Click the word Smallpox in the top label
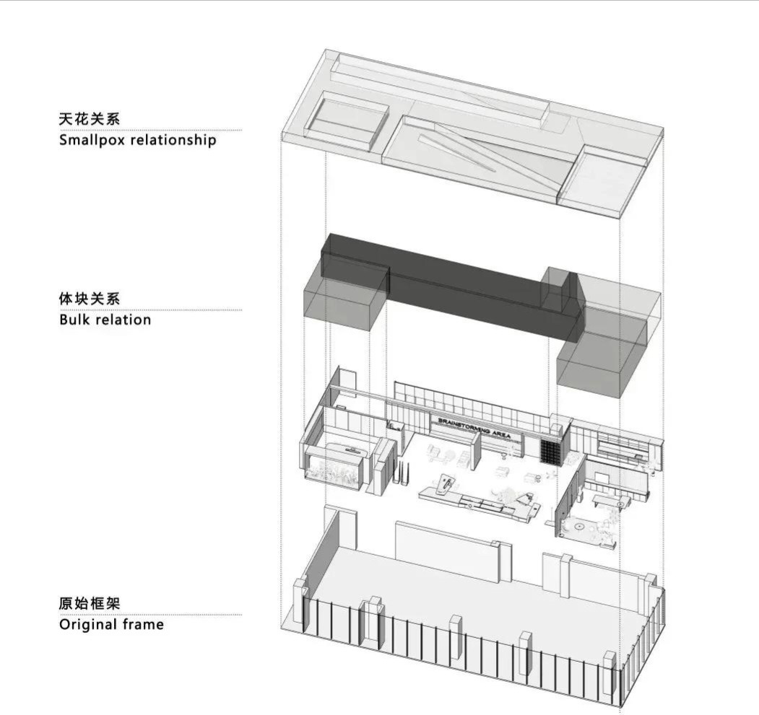click(x=92, y=139)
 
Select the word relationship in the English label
click(x=173, y=139)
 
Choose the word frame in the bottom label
click(x=144, y=624)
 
